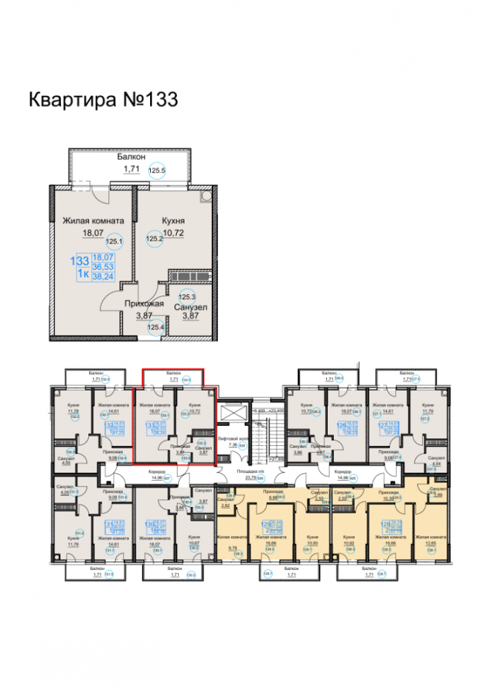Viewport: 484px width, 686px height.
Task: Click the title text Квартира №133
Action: point(103,99)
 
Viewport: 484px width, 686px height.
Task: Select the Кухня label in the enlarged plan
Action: point(175,222)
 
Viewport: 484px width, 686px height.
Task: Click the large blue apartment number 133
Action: point(80,261)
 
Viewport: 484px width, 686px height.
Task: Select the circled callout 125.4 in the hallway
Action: point(158,328)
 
